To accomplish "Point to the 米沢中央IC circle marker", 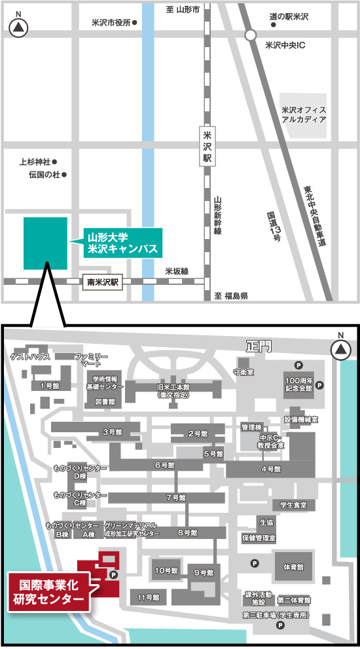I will click(x=250, y=35).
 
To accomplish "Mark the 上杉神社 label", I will click(x=35, y=161).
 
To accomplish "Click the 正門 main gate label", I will click(x=257, y=346).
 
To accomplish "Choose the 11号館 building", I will click(x=149, y=597).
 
